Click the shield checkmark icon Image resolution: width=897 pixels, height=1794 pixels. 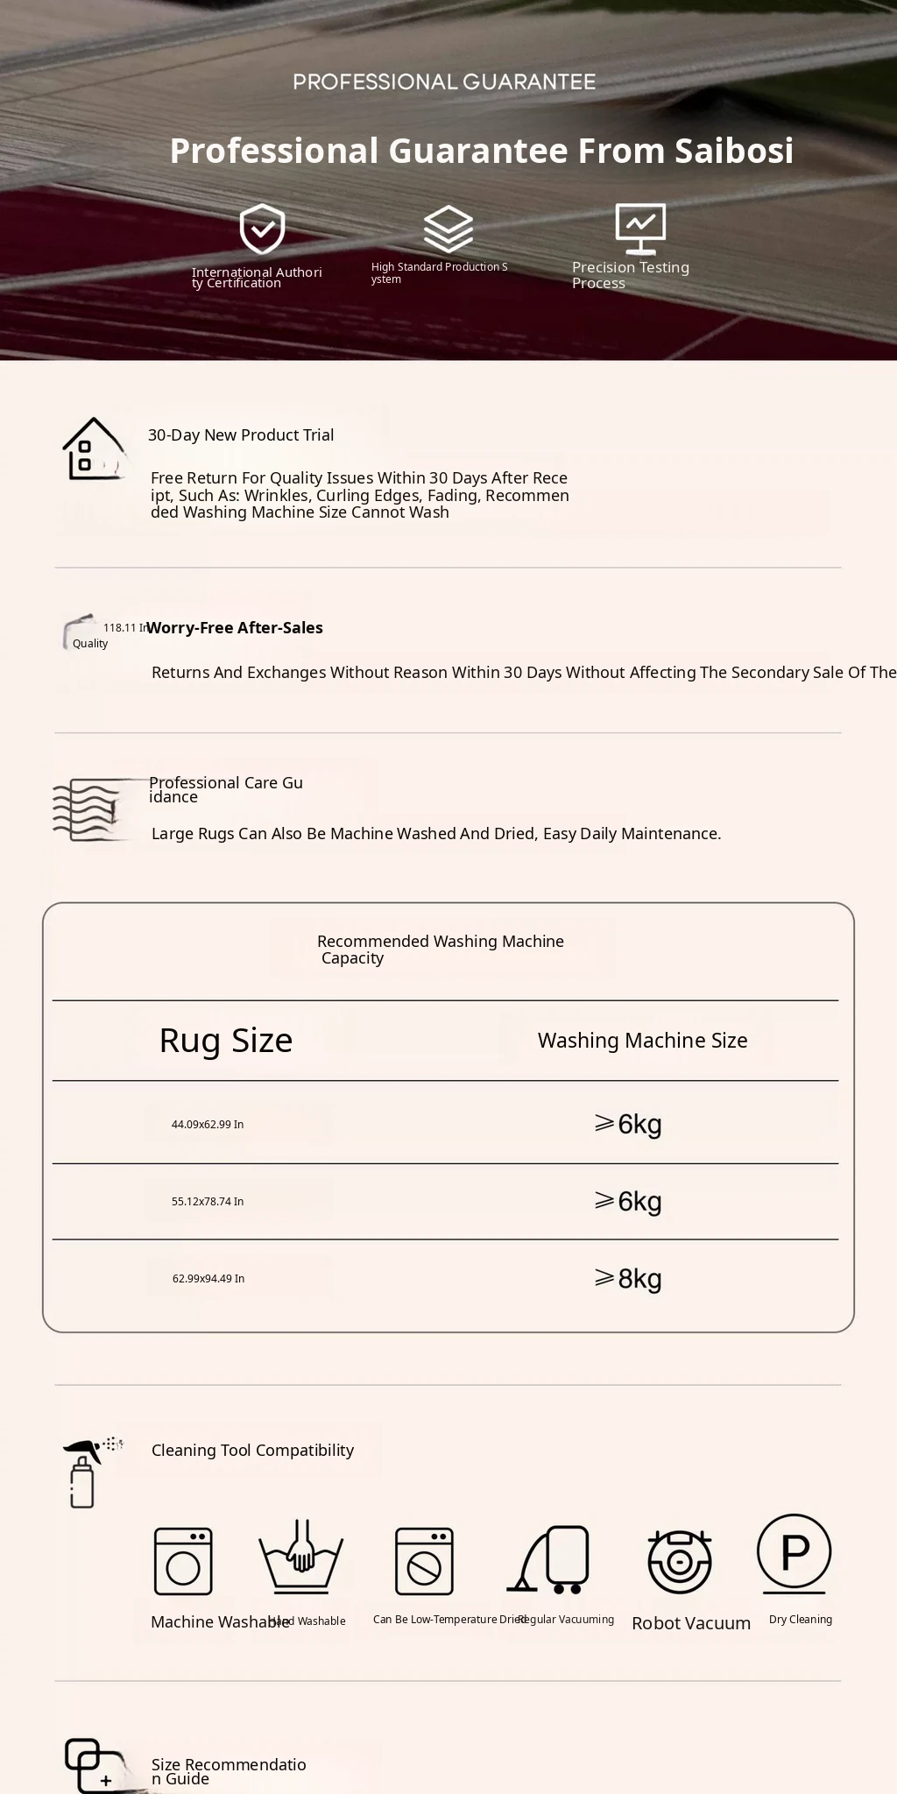coord(262,230)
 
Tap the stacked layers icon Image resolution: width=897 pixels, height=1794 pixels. coord(448,230)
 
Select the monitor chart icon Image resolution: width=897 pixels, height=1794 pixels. coord(640,228)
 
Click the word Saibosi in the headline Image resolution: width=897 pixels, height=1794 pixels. coord(734,151)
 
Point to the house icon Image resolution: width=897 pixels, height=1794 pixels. coord(93,448)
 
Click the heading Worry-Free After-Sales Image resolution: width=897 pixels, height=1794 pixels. coord(235,628)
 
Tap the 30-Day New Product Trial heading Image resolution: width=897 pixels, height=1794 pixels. coord(241,435)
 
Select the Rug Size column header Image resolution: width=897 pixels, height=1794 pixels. coord(226,1041)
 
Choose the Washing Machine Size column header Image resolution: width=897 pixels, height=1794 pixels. coord(642,1041)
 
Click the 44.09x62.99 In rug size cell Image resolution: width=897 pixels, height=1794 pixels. coord(208,1125)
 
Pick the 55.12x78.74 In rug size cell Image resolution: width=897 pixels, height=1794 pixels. coord(208,1202)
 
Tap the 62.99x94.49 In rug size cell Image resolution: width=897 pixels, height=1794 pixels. coord(208,1279)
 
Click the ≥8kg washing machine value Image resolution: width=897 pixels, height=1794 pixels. coord(628,1279)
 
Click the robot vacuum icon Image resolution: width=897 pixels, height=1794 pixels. coord(679,1561)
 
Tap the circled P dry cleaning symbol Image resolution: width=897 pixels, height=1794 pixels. coord(794,1552)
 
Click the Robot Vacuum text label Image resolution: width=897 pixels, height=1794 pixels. coord(691,1623)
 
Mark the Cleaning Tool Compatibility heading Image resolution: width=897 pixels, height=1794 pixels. coord(252,1451)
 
